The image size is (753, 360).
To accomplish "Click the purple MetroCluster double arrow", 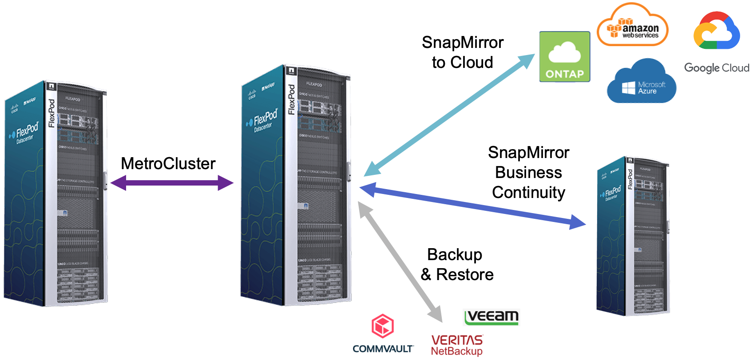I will click(172, 182).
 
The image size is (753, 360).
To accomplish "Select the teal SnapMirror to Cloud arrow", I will click(448, 115).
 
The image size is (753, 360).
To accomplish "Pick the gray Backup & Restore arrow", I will click(400, 262).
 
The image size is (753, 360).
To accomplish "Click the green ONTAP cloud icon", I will click(564, 56).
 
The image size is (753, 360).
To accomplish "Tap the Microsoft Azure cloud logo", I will click(642, 83).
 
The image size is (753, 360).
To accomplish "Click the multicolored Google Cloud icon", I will click(716, 31).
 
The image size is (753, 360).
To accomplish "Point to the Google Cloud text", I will click(717, 68).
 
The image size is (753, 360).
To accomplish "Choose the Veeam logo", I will click(491, 317).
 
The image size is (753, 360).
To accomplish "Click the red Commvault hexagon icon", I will click(382, 326).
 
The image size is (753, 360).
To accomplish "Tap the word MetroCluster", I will click(168, 164).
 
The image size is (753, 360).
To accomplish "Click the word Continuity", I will click(528, 193).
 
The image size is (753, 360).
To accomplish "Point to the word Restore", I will click(465, 275).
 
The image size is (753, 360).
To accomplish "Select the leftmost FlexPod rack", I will click(55, 193).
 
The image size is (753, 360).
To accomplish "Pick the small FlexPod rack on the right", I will click(633, 235).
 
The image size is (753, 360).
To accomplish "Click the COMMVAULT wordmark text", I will click(383, 349).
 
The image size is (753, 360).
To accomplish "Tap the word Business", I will click(528, 173).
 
